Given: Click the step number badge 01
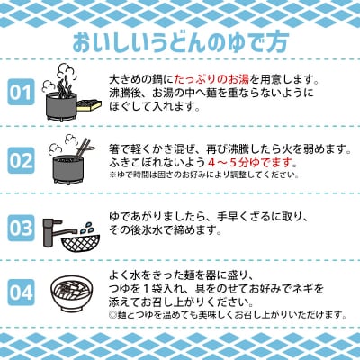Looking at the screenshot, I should (20, 92).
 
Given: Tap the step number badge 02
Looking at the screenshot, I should (20, 159).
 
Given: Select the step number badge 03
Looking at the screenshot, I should (20, 226).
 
